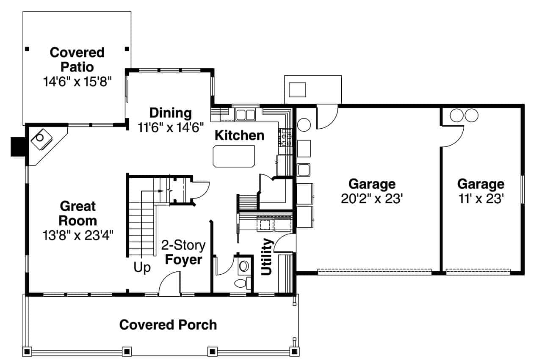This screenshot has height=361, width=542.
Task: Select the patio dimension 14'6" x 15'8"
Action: click(77, 81)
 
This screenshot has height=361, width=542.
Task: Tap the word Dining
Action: click(171, 113)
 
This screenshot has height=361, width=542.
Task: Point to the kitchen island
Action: click(234, 156)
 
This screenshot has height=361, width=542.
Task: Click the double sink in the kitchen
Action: click(245, 114)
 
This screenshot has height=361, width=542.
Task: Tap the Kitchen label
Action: click(239, 135)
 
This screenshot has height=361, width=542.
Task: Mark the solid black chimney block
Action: click(18, 147)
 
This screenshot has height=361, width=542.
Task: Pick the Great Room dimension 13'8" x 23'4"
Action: click(77, 235)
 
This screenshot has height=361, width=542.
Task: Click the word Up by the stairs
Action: click(142, 268)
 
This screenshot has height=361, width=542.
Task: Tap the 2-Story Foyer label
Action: click(183, 252)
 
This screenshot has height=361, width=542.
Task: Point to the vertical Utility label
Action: click(267, 256)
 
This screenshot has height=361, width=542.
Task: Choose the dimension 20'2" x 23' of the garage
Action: click(371, 198)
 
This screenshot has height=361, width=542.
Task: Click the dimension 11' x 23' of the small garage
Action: click(481, 198)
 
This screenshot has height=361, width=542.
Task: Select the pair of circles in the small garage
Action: click(464, 115)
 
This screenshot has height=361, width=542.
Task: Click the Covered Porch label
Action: click(168, 325)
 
